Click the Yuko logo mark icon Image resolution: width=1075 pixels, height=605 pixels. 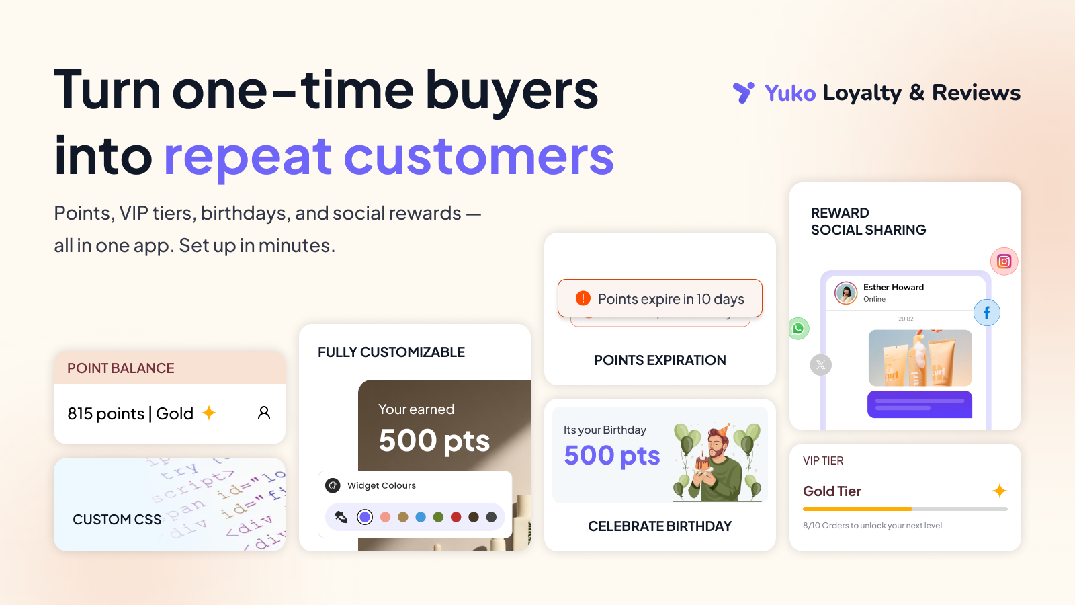click(743, 92)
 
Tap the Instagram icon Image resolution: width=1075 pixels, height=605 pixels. click(1004, 261)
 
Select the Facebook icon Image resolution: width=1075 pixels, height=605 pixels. click(986, 313)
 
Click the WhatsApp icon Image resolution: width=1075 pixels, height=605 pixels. click(798, 329)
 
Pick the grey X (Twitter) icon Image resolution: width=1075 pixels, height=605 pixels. click(820, 365)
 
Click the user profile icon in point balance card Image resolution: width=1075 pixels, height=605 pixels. click(264, 413)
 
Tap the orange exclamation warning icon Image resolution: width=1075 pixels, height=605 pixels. click(583, 298)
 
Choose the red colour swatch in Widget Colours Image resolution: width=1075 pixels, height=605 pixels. click(456, 517)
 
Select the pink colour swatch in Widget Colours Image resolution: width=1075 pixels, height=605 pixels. click(385, 517)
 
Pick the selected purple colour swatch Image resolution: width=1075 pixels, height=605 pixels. click(365, 517)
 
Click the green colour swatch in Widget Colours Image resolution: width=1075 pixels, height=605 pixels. click(438, 517)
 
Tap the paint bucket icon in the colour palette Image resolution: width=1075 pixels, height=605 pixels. click(341, 517)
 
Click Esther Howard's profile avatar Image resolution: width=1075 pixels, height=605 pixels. click(846, 293)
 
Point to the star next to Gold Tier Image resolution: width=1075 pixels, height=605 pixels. click(999, 491)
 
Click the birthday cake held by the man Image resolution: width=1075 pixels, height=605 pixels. click(702, 462)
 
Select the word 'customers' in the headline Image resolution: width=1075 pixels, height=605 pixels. click(478, 157)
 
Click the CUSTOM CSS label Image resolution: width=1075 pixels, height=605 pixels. click(117, 520)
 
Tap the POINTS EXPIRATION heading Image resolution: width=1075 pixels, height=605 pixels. click(660, 360)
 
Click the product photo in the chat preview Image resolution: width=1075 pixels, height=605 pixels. click(920, 358)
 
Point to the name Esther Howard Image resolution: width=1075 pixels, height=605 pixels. click(893, 287)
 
